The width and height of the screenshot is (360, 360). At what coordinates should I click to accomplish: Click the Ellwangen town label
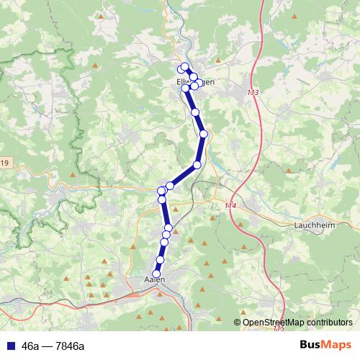pos(195,82)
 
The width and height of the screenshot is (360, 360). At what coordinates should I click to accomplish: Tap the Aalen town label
pos(155,279)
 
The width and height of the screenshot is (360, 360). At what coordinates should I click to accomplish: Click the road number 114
pos(230,207)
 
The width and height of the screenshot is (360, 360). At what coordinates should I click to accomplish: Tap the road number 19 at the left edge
pos(4,164)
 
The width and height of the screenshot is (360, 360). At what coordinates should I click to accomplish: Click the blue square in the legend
pos(9,346)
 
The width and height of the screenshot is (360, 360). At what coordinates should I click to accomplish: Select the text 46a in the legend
pos(30,346)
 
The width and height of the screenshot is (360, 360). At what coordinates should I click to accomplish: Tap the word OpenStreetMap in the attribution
pos(275,323)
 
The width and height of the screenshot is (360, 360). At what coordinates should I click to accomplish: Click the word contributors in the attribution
pos(330,323)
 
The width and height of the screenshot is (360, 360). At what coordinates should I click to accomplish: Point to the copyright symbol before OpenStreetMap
pos(238,323)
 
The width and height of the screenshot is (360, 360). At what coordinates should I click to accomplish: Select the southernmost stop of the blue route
pos(157,274)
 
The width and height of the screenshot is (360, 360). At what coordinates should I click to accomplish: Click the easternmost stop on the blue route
pos(204,134)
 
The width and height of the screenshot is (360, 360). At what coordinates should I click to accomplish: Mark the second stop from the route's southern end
pos(161,259)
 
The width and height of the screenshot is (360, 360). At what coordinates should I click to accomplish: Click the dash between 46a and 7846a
pos(45,346)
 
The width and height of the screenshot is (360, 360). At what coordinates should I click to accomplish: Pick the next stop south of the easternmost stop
pos(197,165)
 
